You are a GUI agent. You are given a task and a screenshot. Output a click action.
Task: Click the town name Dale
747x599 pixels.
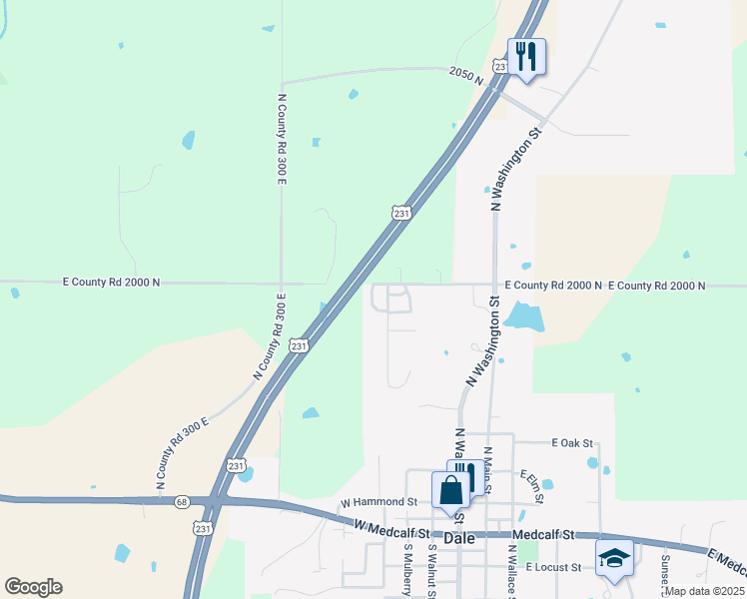458,537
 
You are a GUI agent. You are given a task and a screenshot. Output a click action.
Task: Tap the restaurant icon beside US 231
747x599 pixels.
526,57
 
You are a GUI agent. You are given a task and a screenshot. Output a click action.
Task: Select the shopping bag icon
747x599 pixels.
450,491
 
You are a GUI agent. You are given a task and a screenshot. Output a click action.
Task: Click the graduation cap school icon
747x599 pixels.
614,559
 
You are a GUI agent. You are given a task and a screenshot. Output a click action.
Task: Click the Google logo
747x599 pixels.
33,587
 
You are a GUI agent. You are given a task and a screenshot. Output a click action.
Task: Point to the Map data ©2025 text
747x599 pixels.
704,591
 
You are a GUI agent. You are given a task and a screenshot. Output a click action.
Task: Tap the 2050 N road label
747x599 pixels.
465,73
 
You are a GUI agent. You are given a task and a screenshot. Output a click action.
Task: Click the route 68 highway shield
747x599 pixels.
181,501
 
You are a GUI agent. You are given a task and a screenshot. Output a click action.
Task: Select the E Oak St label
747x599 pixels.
572,442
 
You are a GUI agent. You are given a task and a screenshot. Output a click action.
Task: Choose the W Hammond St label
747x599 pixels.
377,502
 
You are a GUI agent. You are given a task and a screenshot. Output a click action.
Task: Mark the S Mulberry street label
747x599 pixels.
407,570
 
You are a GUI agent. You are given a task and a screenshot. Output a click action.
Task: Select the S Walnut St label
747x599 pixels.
432,570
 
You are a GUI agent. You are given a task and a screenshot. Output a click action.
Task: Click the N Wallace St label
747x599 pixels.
511,570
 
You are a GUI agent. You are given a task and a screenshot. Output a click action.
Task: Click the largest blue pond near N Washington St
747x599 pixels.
524,318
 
